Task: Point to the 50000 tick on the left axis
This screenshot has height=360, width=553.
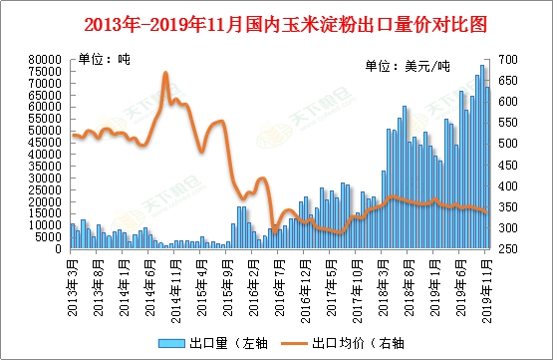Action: click(47, 131)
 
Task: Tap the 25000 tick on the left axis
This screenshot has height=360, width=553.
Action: click(47, 189)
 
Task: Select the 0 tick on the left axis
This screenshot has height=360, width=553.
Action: click(61, 248)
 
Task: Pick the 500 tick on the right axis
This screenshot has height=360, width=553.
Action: click(510, 144)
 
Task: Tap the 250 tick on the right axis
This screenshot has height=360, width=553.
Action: click(510, 248)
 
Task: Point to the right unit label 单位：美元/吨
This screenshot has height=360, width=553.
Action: click(408, 67)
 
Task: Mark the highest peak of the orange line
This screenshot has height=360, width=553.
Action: click(165, 73)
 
